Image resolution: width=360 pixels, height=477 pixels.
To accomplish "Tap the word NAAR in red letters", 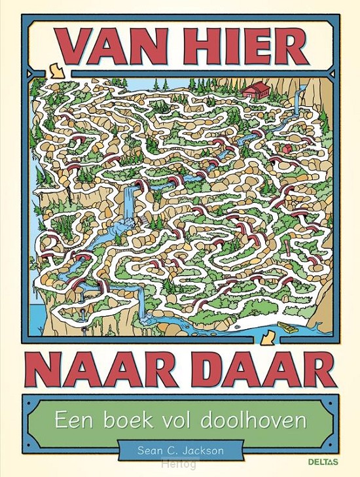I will (97, 370).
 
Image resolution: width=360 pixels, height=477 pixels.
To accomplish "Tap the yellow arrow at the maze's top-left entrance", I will (56, 68).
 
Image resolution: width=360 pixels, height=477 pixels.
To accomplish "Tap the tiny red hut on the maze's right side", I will (287, 149).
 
